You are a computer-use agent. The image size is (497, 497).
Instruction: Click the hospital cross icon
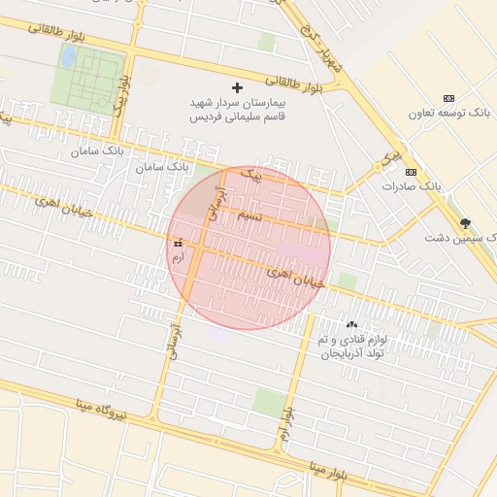point(238,87)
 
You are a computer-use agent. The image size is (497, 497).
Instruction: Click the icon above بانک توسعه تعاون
point(448,98)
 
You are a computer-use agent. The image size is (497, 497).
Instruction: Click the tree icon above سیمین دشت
point(465,222)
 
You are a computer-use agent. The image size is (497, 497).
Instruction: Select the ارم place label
point(177,257)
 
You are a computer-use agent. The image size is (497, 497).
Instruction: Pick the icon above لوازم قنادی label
point(351,325)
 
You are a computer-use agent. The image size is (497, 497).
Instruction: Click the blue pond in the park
point(69,57)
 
